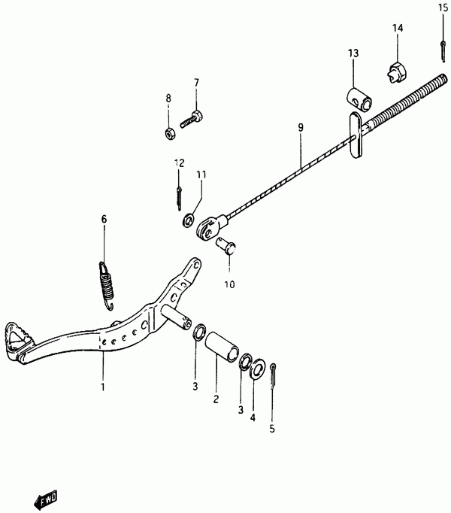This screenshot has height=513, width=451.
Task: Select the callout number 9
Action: pyautogui.click(x=301, y=127)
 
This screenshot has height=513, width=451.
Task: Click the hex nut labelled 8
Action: pyautogui.click(x=170, y=133)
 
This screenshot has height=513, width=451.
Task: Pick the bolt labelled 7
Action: pyautogui.click(x=192, y=120)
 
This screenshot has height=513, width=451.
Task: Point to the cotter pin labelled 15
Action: pyautogui.click(x=443, y=50)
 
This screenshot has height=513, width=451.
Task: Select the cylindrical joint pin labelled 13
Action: pyautogui.click(x=360, y=99)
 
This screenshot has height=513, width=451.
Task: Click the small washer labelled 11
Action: pyautogui.click(x=188, y=220)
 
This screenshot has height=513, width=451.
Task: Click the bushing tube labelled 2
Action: pyautogui.click(x=222, y=347)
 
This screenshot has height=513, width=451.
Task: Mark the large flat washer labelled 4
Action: pyautogui.click(x=258, y=369)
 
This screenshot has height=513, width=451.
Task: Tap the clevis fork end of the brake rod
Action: pyautogui.click(x=208, y=229)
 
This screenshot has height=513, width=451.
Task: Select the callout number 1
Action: pyautogui.click(x=103, y=387)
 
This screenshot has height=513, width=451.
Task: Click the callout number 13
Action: pyautogui.click(x=353, y=53)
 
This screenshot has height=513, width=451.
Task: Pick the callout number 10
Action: pyautogui.click(x=229, y=284)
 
